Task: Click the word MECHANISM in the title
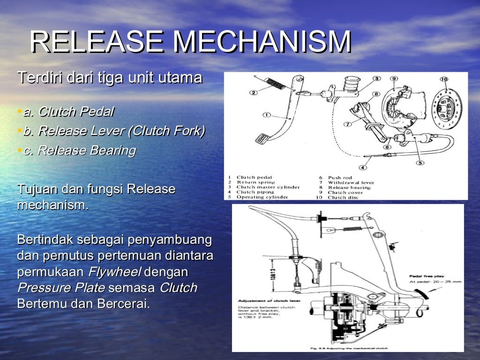point(262,42)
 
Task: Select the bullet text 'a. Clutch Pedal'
point(68,112)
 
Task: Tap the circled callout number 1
point(267,114)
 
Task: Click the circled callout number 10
point(443,80)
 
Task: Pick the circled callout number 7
point(347,124)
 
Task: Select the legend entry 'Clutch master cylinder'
point(268,187)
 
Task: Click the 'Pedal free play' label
point(427,276)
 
